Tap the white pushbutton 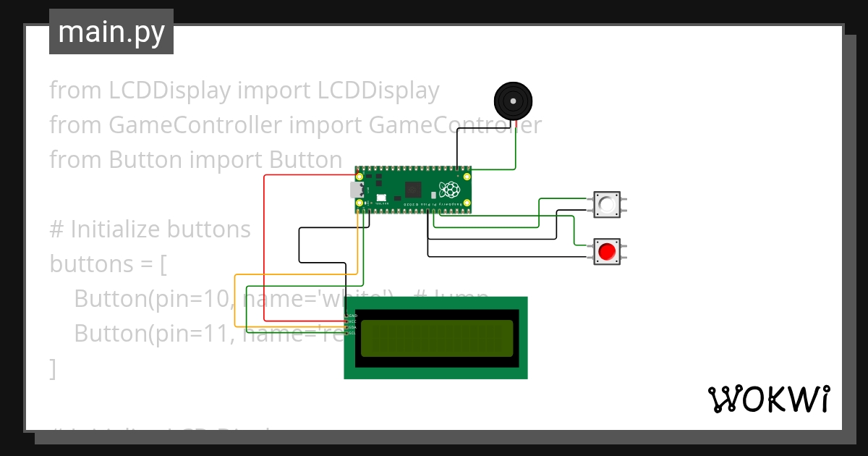click(607, 205)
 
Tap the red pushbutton click(607, 252)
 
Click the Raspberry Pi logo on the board click(451, 190)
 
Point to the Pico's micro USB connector click(357, 190)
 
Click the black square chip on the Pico click(413, 190)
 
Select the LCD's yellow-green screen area click(437, 338)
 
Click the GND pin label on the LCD click(352, 316)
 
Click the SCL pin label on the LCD click(352, 333)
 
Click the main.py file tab click(111, 33)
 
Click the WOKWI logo click(768, 400)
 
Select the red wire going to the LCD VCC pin click(265, 246)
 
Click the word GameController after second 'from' click(195, 125)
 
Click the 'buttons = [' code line click(109, 264)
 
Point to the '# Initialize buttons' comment click(150, 229)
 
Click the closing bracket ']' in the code click(52, 368)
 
